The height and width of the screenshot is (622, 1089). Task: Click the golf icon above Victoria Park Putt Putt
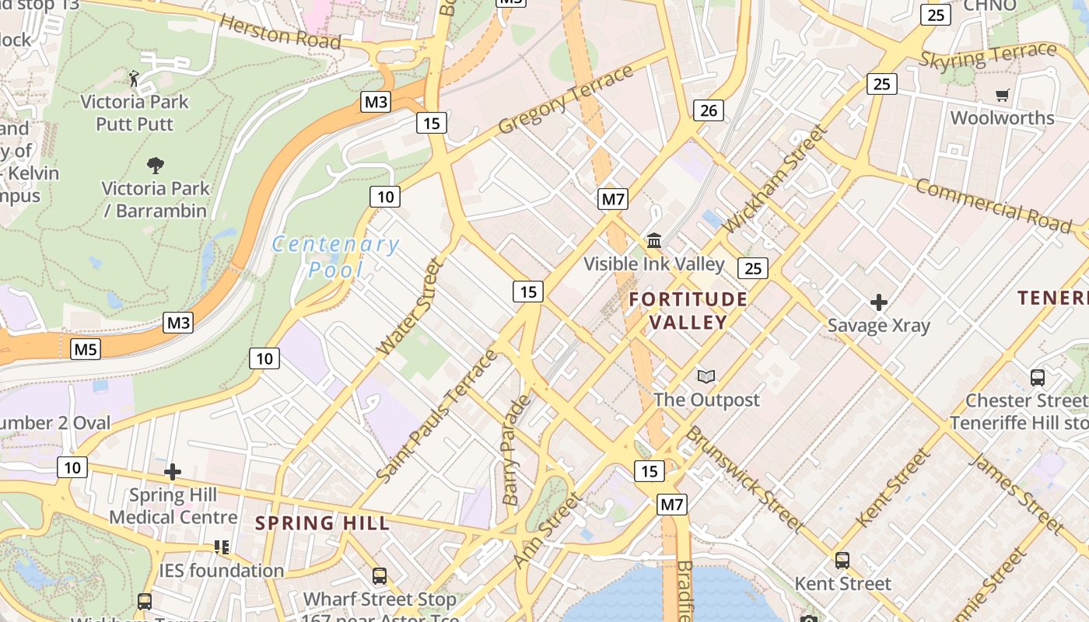[134, 78]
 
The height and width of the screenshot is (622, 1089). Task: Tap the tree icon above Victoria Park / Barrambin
[156, 165]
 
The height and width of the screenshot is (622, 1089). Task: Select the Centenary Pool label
[336, 257]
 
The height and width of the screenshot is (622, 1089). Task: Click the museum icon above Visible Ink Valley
[653, 241]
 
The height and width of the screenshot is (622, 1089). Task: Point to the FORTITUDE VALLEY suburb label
[688, 310]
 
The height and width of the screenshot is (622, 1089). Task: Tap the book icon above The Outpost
[706, 377]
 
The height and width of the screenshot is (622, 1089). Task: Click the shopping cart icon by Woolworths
[1003, 95]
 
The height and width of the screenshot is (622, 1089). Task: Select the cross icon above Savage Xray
[879, 302]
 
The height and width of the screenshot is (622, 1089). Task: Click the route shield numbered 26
[709, 110]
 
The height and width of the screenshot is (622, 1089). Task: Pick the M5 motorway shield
[86, 350]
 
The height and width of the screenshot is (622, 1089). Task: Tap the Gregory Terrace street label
[566, 100]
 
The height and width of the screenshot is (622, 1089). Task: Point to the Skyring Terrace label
[988, 56]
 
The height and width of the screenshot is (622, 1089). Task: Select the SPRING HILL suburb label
[323, 523]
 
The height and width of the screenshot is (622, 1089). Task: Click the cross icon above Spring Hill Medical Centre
[173, 472]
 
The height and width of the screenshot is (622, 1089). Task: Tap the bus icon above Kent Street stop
[842, 560]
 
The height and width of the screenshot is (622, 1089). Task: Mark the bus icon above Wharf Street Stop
[380, 576]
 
